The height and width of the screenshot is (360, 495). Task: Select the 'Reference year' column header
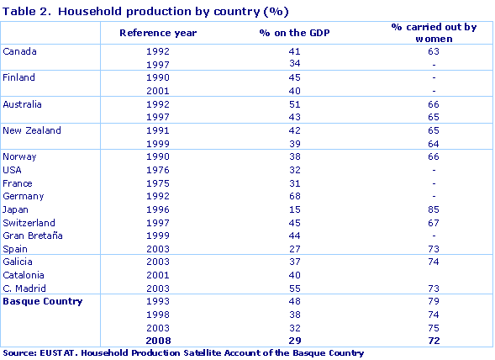point(158,33)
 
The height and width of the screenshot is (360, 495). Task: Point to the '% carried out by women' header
point(434,33)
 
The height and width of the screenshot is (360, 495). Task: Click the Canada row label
point(20,52)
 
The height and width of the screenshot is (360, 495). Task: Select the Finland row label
point(19,78)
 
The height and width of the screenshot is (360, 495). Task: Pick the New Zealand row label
point(32,130)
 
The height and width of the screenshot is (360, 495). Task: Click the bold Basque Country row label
point(42,300)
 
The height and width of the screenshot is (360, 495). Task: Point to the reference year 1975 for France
point(158,183)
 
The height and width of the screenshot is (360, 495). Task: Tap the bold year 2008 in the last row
point(158,340)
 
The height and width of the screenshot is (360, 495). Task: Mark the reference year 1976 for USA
point(158,170)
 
